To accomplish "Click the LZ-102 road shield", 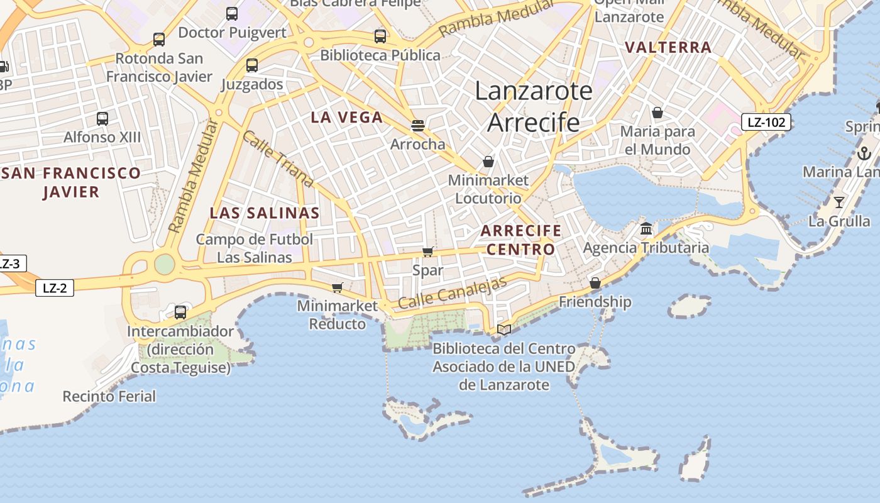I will (x=766, y=122).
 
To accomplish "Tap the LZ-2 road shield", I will (x=55, y=289).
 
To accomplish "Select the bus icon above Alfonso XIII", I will (x=102, y=118).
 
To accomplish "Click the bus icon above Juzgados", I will (x=252, y=65).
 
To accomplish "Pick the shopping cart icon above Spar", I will (x=428, y=251).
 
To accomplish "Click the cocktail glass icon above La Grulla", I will (x=839, y=202).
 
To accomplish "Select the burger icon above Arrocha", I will (x=418, y=125).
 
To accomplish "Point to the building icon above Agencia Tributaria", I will (x=646, y=228).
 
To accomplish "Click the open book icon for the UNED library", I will (x=504, y=329).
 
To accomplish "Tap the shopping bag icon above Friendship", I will (x=595, y=283).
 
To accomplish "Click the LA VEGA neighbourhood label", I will (x=347, y=117).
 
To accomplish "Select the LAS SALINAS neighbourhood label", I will (x=265, y=213).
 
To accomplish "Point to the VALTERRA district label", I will (x=668, y=47).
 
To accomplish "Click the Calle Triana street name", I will (x=277, y=159).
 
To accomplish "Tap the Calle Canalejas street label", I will (x=452, y=293).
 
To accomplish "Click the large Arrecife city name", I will (x=534, y=122).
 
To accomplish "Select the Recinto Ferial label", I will (x=109, y=396).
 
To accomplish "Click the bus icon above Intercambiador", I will (x=180, y=312).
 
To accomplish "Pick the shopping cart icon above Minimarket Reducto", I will (x=338, y=287).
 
